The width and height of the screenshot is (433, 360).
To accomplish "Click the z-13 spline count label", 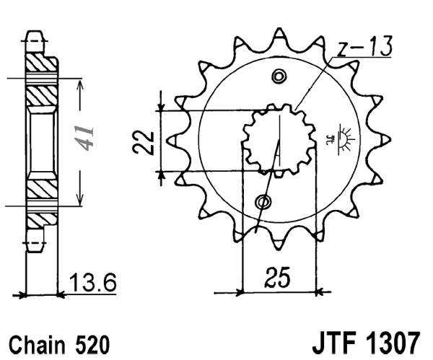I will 364,48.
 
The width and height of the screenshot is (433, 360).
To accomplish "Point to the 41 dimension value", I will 88,138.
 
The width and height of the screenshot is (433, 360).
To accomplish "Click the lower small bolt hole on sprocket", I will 264,201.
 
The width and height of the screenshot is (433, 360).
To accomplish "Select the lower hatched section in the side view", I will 42,191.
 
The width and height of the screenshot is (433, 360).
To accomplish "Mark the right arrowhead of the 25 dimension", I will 320,292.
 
